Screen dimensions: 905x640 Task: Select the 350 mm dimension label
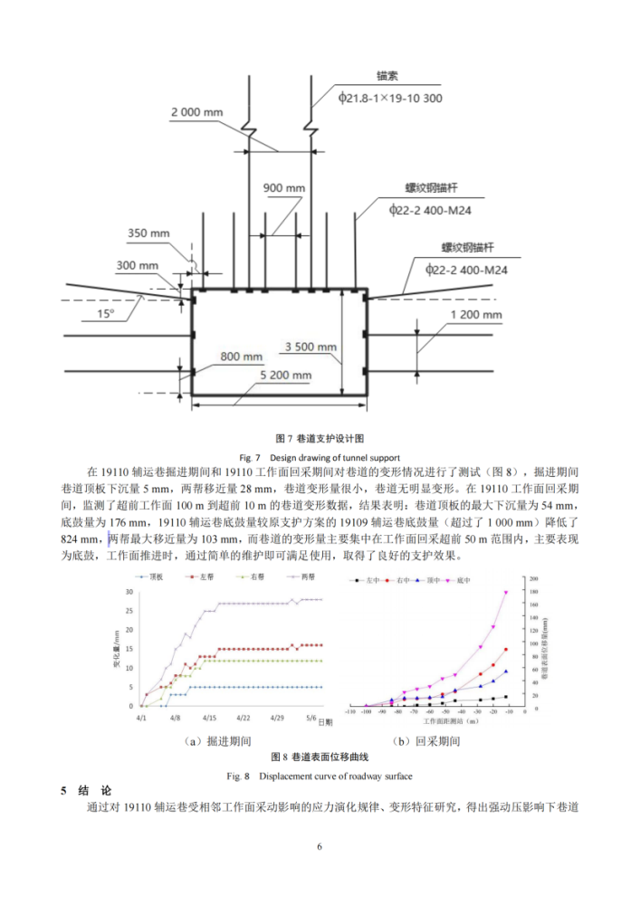148,233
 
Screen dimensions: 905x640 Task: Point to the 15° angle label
107,313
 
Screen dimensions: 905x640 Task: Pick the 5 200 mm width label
286,374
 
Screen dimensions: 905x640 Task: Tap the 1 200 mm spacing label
475,315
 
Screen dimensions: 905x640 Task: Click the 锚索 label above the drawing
387,75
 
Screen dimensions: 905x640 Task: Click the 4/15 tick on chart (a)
209,716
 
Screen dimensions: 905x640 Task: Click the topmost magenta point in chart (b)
506,593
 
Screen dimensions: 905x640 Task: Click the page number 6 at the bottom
320,845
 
